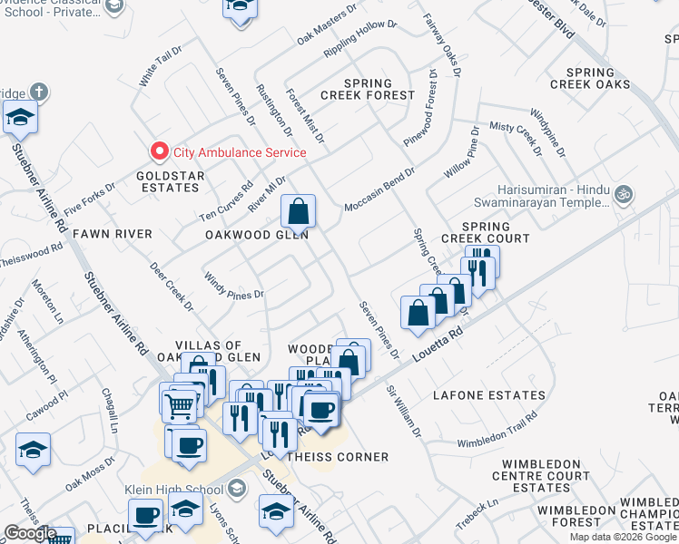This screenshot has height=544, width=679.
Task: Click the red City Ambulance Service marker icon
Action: (x=160, y=152)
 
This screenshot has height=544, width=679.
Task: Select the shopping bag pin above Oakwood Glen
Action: (x=298, y=213)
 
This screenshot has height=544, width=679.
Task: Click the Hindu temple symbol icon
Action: (x=623, y=193)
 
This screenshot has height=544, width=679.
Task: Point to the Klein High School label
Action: (x=174, y=491)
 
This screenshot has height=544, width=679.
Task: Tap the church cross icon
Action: (x=37, y=92)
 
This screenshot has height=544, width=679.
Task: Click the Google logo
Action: (x=29, y=533)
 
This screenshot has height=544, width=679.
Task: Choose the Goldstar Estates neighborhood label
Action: (x=167, y=181)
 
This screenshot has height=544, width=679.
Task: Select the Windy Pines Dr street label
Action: (x=232, y=287)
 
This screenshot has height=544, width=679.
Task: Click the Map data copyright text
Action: (x=623, y=537)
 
